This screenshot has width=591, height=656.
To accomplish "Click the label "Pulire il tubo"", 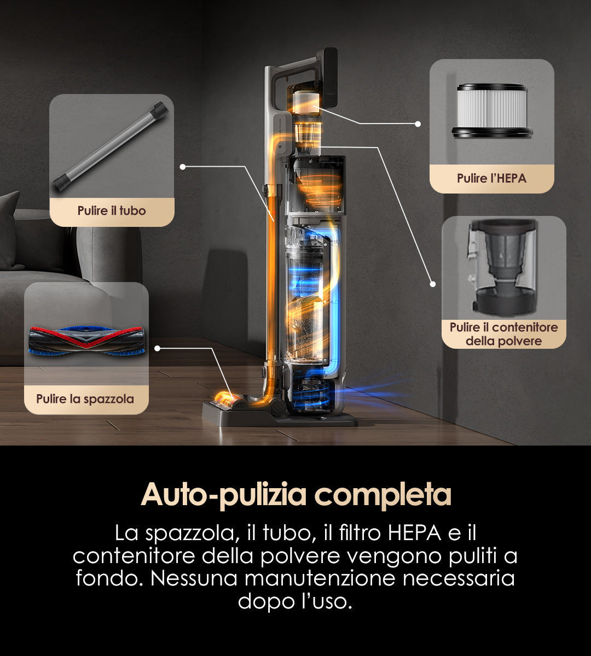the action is pyautogui.click(x=112, y=210).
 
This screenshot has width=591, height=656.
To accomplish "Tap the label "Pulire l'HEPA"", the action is pyautogui.click(x=491, y=178).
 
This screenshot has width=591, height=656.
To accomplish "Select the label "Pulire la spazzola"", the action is pyautogui.click(x=85, y=399).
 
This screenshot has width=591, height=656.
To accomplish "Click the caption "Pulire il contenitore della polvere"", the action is pyautogui.click(x=503, y=334).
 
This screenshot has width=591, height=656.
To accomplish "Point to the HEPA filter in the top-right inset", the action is pyautogui.click(x=491, y=110).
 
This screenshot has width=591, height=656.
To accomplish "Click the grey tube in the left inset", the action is pyautogui.click(x=111, y=146).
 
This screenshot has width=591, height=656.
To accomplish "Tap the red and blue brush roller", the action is pyautogui.click(x=86, y=341).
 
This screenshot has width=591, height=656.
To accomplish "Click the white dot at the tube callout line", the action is pyautogui.click(x=183, y=167).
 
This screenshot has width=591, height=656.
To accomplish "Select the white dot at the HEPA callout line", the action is pyautogui.click(x=418, y=124).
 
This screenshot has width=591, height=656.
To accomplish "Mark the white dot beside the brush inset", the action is pyautogui.click(x=157, y=349).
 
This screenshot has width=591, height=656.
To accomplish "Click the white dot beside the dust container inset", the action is pyautogui.click(x=432, y=284).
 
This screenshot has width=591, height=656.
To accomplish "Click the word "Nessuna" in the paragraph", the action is pyautogui.click(x=194, y=578).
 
